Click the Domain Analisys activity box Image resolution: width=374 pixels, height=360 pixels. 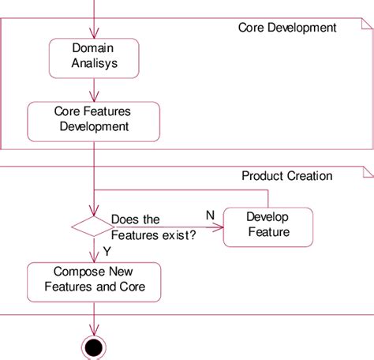94,54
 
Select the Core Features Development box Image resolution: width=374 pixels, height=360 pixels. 94,118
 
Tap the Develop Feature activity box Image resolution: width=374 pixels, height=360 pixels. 267,224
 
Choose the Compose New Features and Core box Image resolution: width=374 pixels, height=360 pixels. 94,280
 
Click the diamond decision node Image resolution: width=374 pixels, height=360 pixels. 93,227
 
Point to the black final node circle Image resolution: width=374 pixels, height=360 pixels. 94,347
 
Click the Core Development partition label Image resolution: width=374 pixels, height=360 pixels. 287,28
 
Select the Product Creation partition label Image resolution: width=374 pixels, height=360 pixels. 286,176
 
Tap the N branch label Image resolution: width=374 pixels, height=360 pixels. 210,214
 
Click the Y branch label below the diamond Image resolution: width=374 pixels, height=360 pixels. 107,251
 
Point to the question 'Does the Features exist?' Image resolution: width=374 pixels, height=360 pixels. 154,226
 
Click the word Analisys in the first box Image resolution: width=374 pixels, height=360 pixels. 94,62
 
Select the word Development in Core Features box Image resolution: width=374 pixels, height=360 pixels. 94,126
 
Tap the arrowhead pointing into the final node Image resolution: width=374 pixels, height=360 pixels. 94,332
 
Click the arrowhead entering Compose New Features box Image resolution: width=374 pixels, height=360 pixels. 94,258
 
